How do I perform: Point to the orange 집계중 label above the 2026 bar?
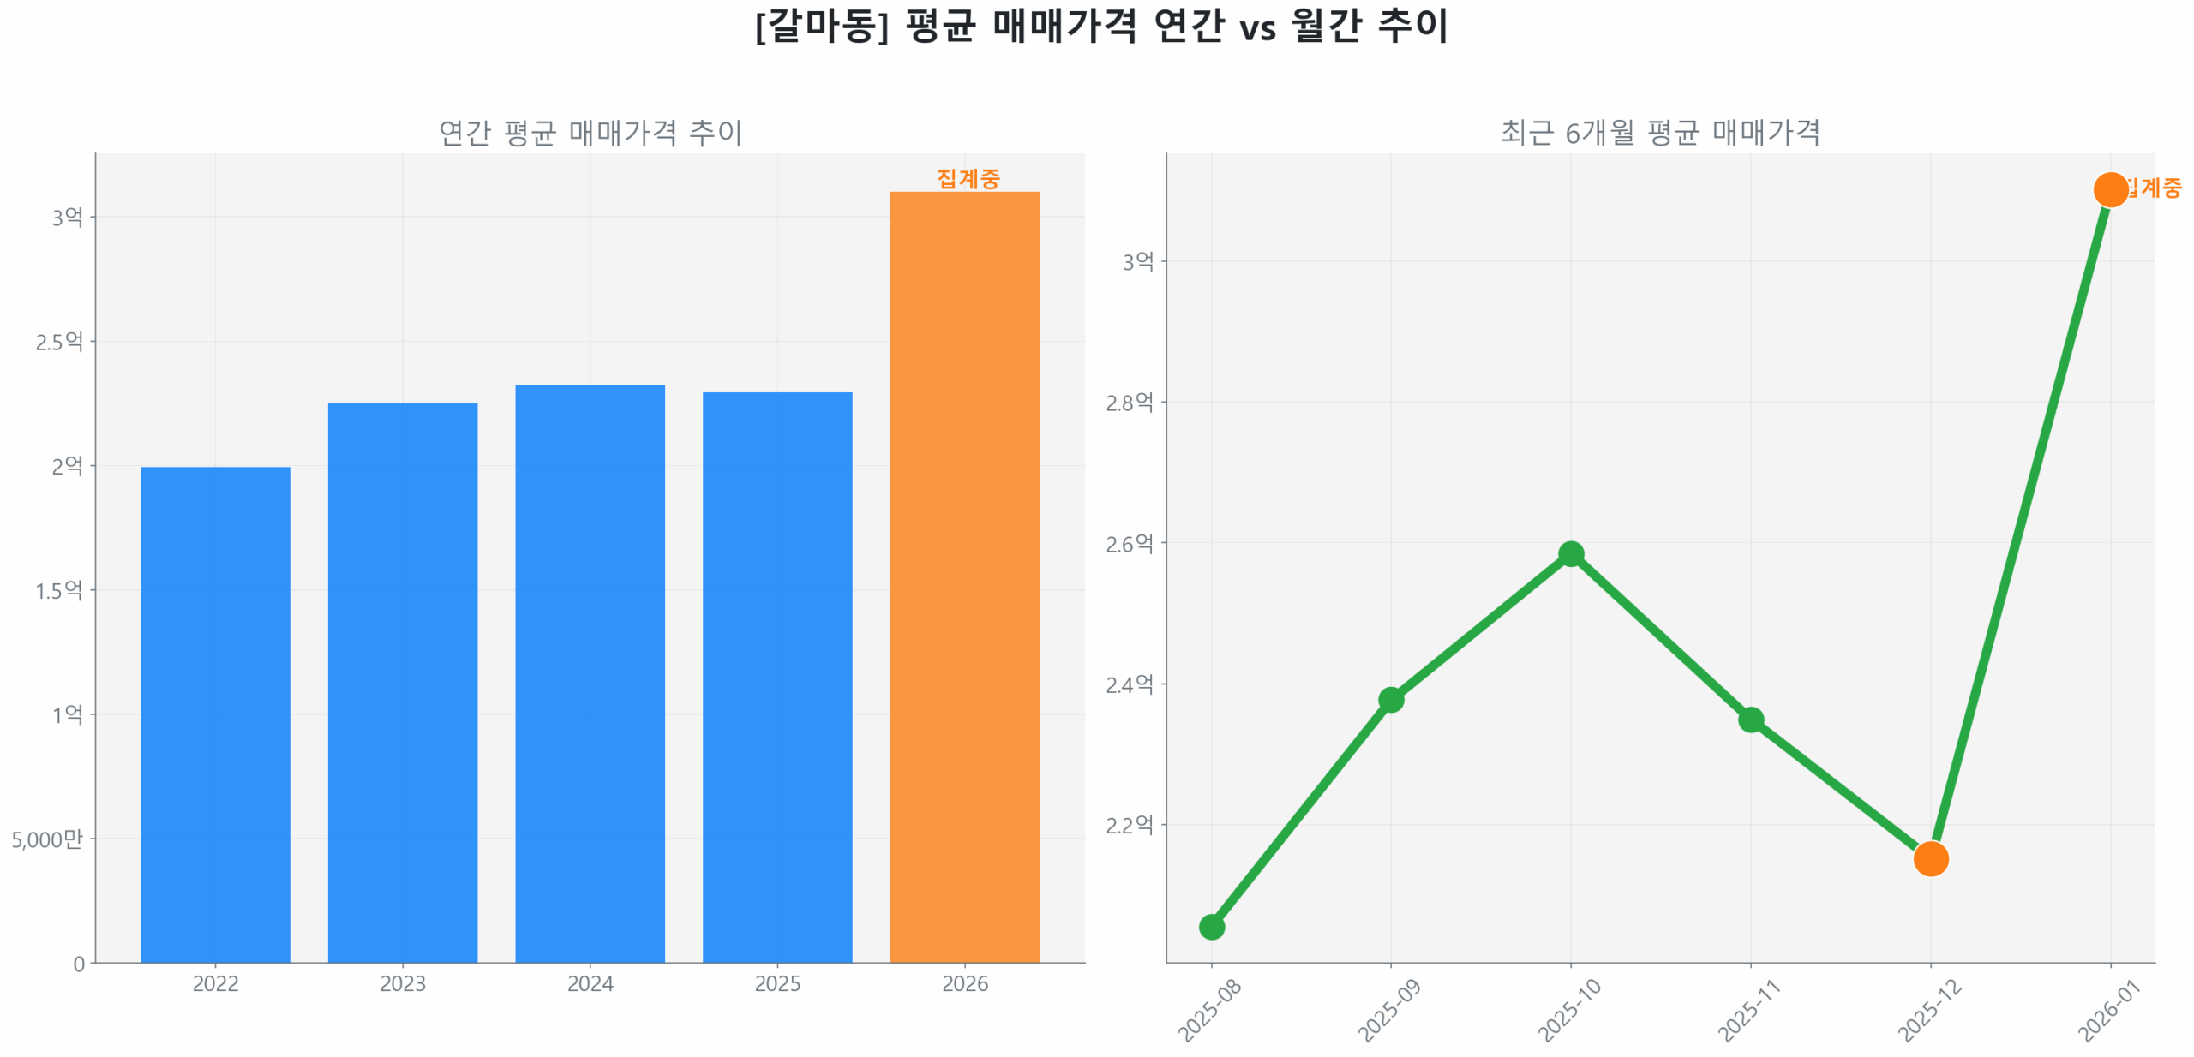coord(968,178)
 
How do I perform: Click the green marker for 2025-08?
coord(1211,926)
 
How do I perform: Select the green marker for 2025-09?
coord(1390,699)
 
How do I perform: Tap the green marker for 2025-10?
coord(1570,553)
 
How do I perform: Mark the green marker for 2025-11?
coord(1750,719)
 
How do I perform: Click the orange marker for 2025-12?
coord(1930,857)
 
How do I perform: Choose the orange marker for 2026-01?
coord(2109,189)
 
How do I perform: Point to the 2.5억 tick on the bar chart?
coord(59,342)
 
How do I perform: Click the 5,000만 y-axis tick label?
coord(47,839)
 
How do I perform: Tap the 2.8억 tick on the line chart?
coord(1129,402)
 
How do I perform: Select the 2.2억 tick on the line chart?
coord(1129,825)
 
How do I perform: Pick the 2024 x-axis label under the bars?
coord(590,983)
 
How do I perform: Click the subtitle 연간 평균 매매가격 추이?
coord(590,132)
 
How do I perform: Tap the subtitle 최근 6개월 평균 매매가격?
coord(1659,132)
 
